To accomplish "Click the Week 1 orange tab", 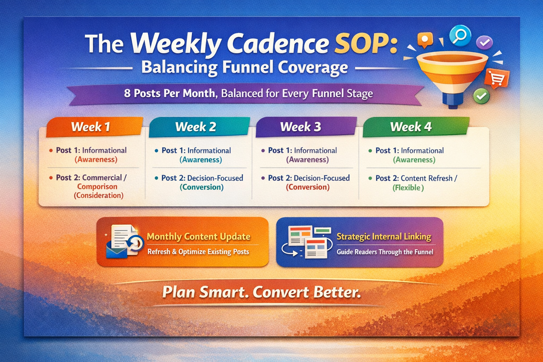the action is pos(94,127).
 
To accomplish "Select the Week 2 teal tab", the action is pos(199,127).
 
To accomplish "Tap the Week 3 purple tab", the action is pos(306,127).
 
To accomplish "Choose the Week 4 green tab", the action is pos(416,127).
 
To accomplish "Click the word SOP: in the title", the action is pos(366,44).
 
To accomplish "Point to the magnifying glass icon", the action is pos(460,36).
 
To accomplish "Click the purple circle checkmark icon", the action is pos(484,42).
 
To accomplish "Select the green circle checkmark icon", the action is pos(481,96).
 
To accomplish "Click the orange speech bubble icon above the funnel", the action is pos(425,40).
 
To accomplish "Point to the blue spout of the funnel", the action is pos(452,100).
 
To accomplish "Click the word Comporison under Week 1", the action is pos(97,186).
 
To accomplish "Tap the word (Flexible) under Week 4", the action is pos(408,188).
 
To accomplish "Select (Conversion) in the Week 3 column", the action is pos(308,187).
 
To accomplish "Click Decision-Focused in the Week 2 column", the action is pos(215,178).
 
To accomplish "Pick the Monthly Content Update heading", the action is pos(199,237).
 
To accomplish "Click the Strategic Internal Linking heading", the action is pos(384,237).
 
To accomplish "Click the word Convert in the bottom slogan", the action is pos(281,292).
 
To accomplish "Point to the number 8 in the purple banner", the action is pos(127,93).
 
